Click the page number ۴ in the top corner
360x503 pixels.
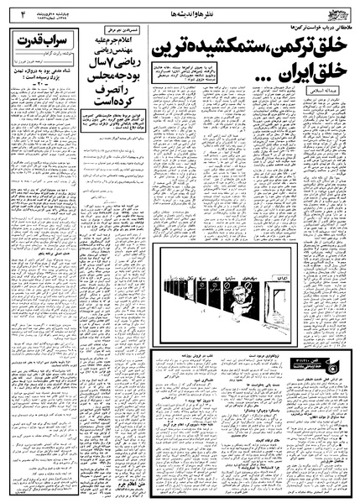13,13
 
